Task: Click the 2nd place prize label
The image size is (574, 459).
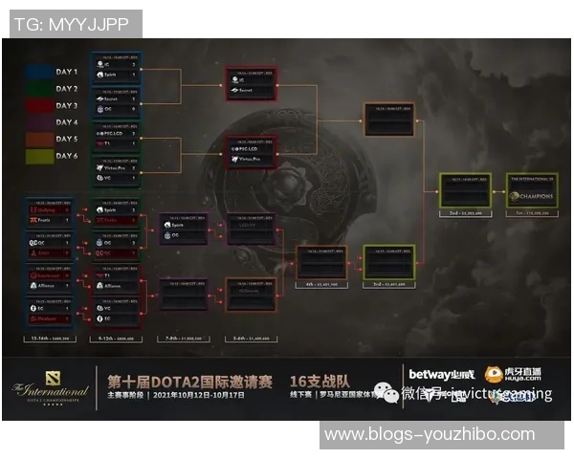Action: (x=465, y=213)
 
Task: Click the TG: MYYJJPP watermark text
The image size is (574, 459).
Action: (x=73, y=24)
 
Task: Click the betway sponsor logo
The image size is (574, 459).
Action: (x=441, y=375)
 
